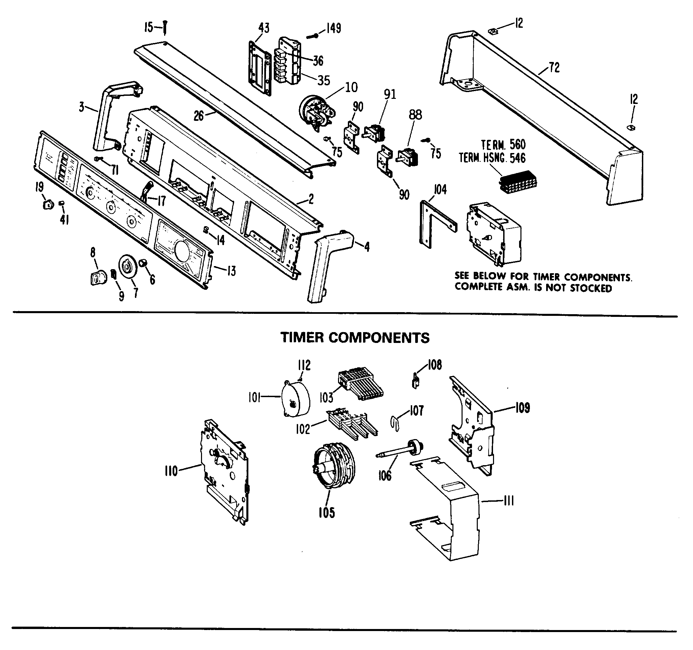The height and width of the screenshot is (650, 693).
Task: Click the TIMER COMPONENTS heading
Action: [x=355, y=338]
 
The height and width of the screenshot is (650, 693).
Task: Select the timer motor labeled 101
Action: [x=296, y=399]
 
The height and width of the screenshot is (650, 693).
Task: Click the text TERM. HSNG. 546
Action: [x=492, y=158]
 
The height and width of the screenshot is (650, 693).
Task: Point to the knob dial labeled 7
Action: [x=127, y=267]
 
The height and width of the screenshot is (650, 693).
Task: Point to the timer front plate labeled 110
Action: [x=223, y=471]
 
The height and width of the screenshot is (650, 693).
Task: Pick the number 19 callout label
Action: [x=39, y=187]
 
